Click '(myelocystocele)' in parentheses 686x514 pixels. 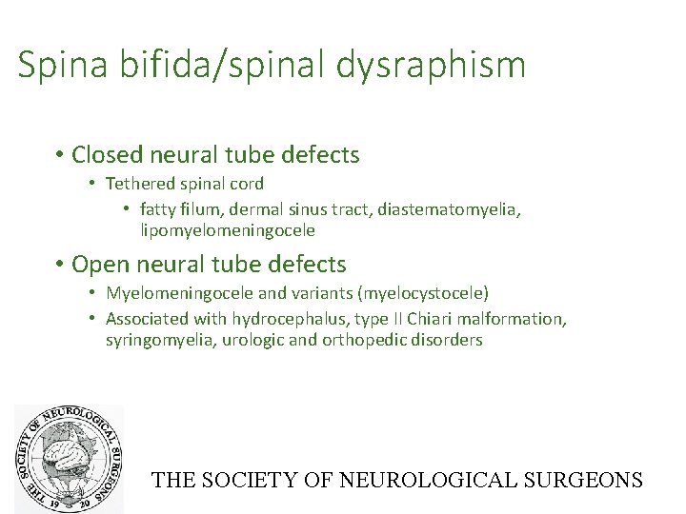425,292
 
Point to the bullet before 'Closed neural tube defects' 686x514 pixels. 59,154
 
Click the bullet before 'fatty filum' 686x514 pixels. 127,208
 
